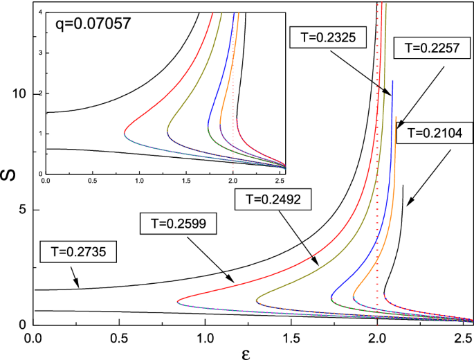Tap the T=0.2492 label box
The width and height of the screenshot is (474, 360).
[273, 200]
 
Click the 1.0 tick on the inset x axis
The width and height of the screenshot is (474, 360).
[139, 180]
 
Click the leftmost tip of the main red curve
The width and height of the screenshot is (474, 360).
[178, 302]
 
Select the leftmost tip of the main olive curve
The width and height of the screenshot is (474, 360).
[257, 300]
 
